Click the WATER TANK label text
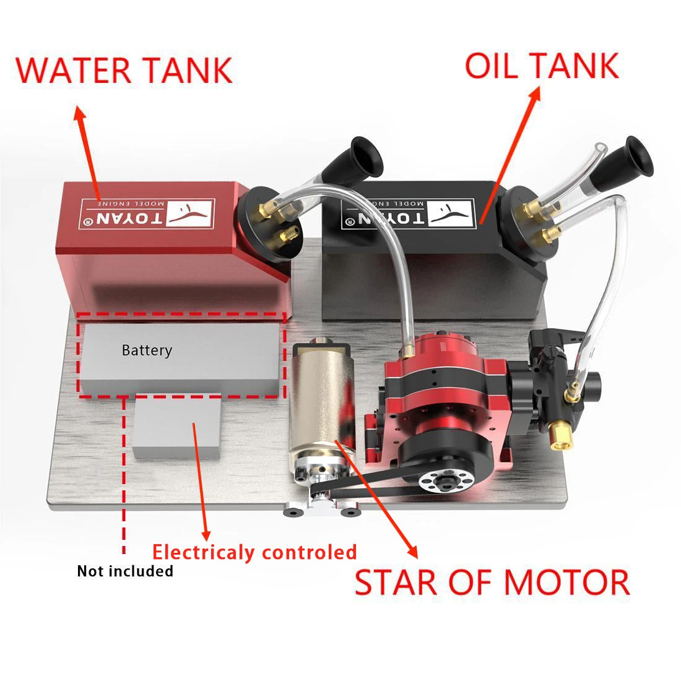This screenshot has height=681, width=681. [124, 69]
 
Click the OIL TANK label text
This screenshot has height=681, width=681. [541, 66]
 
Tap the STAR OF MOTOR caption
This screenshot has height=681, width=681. [492, 583]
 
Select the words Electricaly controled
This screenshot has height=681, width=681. [254, 552]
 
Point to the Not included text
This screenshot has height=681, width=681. [124, 571]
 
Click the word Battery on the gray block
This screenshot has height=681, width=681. [147, 350]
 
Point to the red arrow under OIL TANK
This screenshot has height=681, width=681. [508, 155]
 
